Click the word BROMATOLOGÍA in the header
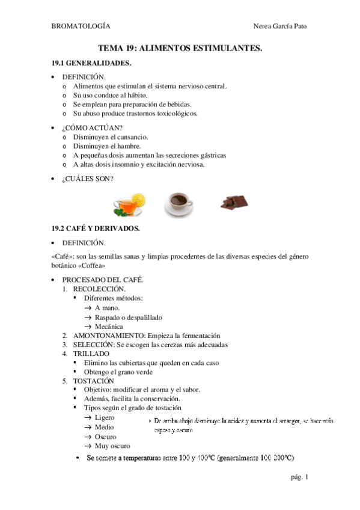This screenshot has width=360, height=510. (81, 26)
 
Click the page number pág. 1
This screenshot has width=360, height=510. (299, 478)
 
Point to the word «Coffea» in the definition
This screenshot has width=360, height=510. (90, 266)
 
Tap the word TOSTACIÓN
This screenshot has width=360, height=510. (93, 381)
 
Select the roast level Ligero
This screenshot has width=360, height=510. (105, 417)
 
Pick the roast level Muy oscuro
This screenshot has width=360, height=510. (112, 446)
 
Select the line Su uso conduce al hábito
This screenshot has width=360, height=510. (110, 95)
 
